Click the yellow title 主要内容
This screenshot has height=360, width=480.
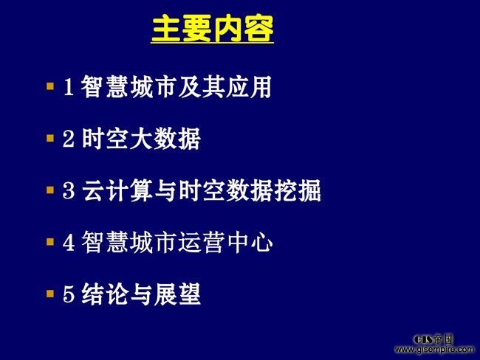tap(213, 29)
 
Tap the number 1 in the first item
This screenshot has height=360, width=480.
tap(68, 87)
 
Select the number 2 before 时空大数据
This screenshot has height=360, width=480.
tap(69, 139)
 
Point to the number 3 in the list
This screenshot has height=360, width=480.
tap(69, 190)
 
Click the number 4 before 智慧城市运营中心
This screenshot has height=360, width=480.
tap(69, 242)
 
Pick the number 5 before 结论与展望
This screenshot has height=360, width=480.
tap(69, 294)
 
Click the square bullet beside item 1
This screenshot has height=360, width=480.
tap(50, 86)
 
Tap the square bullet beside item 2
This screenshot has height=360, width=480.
tap(50, 138)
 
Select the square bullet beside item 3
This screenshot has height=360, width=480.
tap(50, 190)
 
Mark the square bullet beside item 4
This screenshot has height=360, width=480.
tap(50, 242)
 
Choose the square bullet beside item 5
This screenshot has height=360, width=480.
tap(50, 294)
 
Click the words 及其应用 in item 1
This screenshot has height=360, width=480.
tap(225, 87)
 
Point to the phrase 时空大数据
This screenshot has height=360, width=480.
tap(141, 139)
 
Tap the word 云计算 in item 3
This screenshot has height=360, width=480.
tap(117, 190)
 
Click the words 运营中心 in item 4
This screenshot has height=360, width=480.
tap(225, 242)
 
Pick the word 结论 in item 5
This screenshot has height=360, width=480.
tap(105, 294)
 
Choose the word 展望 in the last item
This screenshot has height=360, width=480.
tap(177, 294)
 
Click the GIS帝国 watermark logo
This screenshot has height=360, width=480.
tap(433, 339)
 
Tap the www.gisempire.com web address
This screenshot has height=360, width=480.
tap(434, 349)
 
